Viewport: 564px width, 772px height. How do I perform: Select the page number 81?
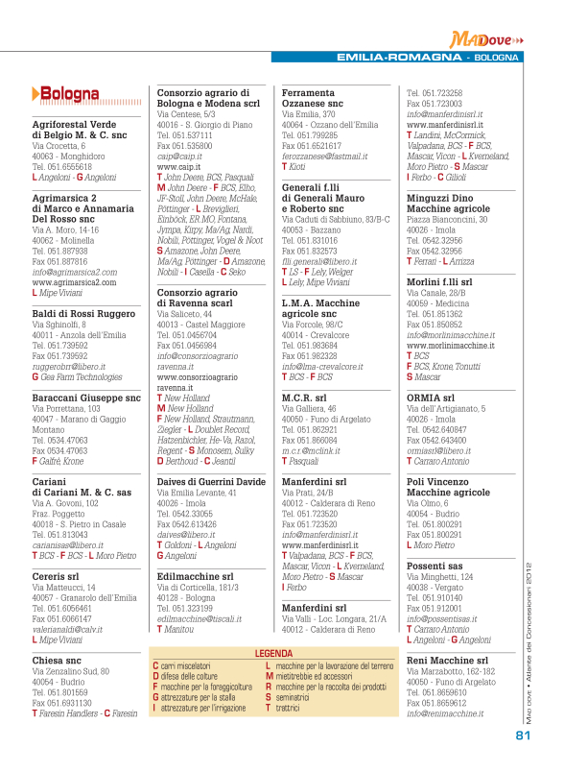(x=523, y=736)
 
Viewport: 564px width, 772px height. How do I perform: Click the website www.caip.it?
(x=178, y=167)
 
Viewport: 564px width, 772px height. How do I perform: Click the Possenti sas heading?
(x=436, y=567)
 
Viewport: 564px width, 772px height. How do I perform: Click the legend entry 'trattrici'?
(x=290, y=708)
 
